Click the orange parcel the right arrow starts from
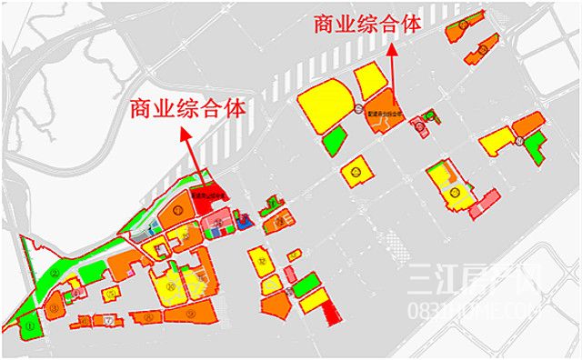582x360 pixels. (387, 111)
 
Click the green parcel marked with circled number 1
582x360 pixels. (33, 321)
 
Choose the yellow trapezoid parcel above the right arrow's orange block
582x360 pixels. (371, 81)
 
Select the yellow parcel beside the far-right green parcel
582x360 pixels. (497, 141)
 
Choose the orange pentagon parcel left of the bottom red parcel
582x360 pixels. (277, 305)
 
